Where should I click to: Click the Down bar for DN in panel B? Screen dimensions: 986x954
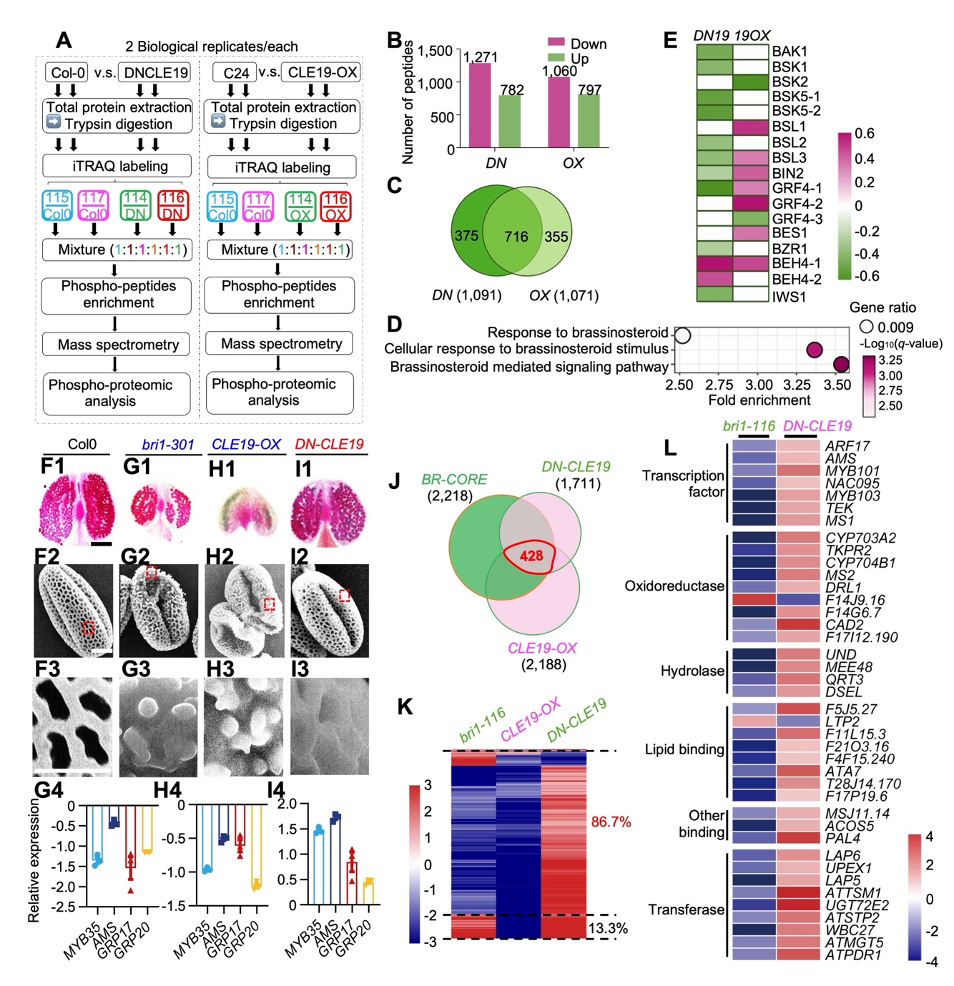pos(479,105)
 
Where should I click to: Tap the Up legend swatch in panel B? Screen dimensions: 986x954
pos(556,58)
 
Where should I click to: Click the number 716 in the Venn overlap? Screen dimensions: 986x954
pos(516,236)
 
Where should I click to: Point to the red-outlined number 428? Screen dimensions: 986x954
pos(531,556)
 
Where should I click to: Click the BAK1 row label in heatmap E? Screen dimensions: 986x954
pos(790,51)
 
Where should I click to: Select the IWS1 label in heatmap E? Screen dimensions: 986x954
pos(789,295)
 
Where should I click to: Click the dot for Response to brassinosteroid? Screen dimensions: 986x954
pos(683,335)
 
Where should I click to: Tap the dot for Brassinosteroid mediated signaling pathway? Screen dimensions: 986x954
pos(841,365)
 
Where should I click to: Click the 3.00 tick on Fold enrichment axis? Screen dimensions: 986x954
pos(759,385)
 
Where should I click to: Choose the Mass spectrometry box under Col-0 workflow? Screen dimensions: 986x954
pos(118,345)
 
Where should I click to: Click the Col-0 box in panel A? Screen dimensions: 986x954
pos(68,73)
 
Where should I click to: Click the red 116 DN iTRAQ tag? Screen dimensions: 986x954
pos(172,205)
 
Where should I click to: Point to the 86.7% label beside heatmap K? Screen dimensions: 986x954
pos(611,822)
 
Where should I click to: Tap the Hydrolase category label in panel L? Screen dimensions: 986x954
pos(692,671)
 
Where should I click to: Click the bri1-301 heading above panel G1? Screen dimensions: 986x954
pos(167,444)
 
